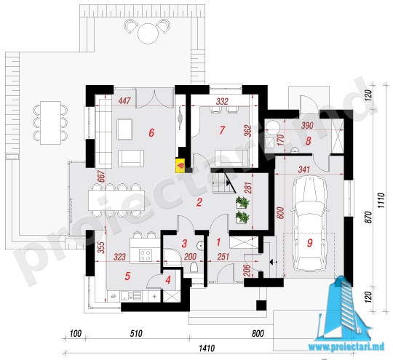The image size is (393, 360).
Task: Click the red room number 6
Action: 151,133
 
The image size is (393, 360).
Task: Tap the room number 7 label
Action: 222,130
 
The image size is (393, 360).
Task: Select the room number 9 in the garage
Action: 310,242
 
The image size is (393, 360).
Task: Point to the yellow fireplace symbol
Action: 180,165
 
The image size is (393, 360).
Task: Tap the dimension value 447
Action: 124,100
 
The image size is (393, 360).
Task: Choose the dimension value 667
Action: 101,177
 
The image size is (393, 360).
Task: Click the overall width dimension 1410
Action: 207,348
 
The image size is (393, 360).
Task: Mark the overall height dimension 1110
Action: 381,201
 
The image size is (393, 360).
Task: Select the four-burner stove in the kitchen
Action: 146,255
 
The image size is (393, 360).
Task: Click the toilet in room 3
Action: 194,267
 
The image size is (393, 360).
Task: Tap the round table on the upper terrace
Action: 148,33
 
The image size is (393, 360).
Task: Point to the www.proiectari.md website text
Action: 346,347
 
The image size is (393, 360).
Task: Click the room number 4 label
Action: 168,280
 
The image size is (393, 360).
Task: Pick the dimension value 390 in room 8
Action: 307,125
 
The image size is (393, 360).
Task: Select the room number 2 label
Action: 199,202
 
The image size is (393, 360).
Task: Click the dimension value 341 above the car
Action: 303,169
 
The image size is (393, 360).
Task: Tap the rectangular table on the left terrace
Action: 51,123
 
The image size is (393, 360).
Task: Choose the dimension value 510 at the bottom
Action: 136,333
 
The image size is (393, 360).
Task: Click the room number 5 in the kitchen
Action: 127,276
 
